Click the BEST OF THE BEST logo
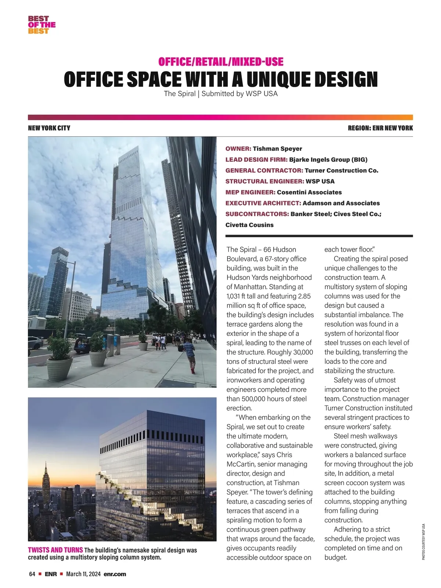pyautogui.click(x=42, y=25)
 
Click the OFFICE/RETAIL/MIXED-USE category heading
pyautogui.click(x=220, y=62)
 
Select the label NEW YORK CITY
pyautogui.click(x=49, y=128)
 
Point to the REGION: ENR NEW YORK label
pyautogui.click(x=380, y=128)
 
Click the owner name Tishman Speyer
pyautogui.click(x=277, y=148)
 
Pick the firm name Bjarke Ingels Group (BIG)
pyautogui.click(x=328, y=159)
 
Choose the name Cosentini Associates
pyautogui.click(x=309, y=192)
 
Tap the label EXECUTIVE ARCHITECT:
pyautogui.click(x=263, y=203)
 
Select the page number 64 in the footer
pyautogui.click(x=32, y=574)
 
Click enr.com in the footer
pyautogui.click(x=115, y=574)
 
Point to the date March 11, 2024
pyautogui.click(x=83, y=574)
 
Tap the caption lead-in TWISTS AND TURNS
pyautogui.click(x=55, y=550)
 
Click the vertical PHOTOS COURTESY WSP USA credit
pyautogui.click(x=423, y=542)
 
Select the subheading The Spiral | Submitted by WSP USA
pyautogui.click(x=220, y=94)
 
